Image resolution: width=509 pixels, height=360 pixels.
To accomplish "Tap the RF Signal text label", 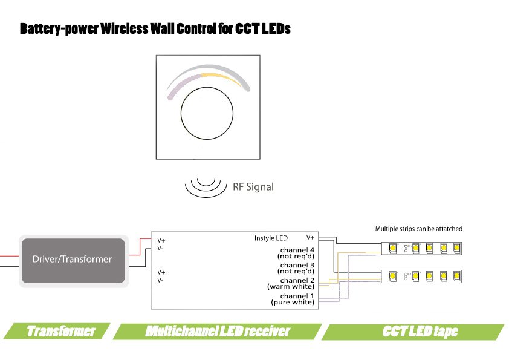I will tap(253, 187).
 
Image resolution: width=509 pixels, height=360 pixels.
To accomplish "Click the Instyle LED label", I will tap(271, 238).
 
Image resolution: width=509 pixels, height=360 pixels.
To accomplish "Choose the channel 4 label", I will tap(297, 250).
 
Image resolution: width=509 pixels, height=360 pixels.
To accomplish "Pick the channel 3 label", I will tap(297, 265).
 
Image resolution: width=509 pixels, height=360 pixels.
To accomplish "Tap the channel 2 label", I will tap(297, 280).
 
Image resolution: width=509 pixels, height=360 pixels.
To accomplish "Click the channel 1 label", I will tap(297, 295).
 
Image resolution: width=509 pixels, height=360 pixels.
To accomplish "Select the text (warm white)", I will tap(291, 286).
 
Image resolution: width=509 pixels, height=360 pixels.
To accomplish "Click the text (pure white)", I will tap(293, 301).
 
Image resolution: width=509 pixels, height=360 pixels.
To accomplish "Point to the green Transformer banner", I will tap(60, 332).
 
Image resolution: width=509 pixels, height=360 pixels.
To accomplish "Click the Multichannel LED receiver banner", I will tap(218, 332).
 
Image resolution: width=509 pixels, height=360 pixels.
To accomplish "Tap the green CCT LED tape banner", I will tap(420, 332).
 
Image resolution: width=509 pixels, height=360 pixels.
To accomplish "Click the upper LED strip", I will tap(423, 247).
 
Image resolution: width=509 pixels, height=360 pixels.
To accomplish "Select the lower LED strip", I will tap(423, 275).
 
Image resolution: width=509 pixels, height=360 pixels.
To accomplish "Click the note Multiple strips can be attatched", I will tap(418, 229).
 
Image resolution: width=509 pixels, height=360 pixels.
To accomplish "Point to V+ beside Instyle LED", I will tap(310, 238).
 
